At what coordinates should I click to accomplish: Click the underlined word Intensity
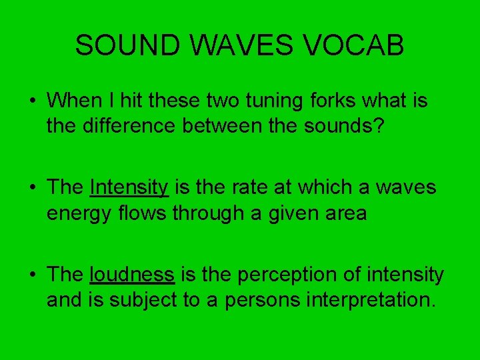129,188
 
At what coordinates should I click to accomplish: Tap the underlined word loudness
131,275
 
